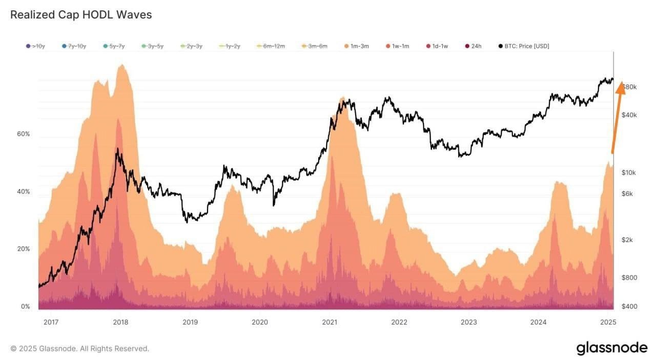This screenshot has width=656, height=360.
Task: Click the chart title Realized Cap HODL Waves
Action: click(81, 15)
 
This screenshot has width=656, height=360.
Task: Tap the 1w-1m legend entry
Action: click(398, 46)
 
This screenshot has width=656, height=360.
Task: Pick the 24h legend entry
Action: click(473, 46)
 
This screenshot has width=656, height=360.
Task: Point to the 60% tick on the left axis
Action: click(24, 134)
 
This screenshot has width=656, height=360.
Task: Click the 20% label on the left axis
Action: click(24, 249)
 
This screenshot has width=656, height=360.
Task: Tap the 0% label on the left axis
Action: click(25, 307)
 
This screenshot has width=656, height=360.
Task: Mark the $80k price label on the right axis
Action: click(629, 87)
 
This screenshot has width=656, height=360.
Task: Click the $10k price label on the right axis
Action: click(628, 173)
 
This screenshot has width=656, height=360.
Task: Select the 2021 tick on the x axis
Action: click(330, 322)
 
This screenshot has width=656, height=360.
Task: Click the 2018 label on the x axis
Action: click(120, 322)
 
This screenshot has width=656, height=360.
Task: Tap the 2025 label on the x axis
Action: click(608, 322)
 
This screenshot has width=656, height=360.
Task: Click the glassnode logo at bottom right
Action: click(612, 348)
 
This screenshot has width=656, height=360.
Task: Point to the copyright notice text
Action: click(79, 349)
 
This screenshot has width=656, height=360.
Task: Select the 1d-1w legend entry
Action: click(437, 46)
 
